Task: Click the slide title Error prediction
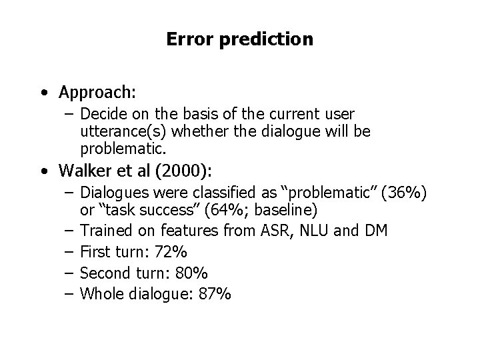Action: click(x=239, y=39)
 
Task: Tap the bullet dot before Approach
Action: click(x=43, y=91)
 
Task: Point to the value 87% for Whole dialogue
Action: click(x=215, y=294)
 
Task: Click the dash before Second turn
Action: click(x=69, y=273)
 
